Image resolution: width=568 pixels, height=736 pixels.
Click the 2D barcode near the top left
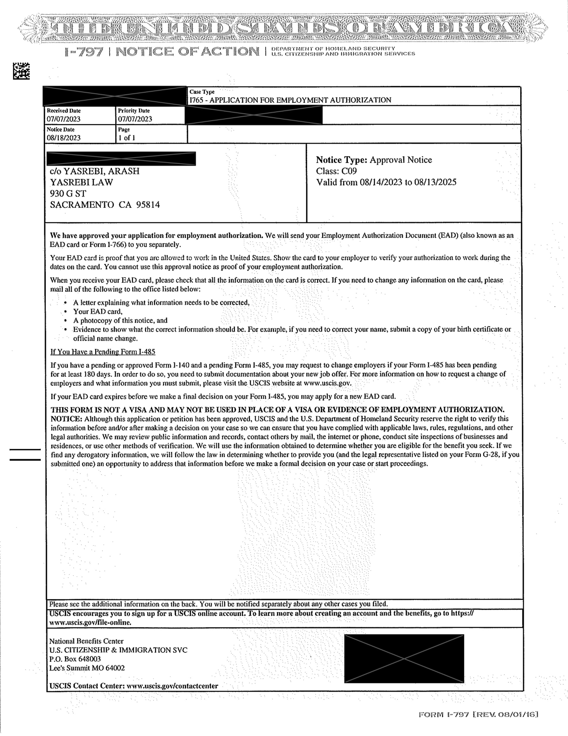click(21, 71)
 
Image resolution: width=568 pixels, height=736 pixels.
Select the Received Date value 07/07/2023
click(64, 119)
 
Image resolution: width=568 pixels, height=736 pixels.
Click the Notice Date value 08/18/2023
click(64, 138)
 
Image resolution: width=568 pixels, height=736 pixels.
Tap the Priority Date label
click(134, 110)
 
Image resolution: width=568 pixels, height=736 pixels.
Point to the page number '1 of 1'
click(127, 138)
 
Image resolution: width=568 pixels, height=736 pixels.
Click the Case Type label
click(202, 92)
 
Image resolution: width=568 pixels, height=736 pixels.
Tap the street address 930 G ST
click(68, 193)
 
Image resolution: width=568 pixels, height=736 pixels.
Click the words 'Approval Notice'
click(401, 160)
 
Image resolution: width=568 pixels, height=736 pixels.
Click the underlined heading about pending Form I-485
click(103, 352)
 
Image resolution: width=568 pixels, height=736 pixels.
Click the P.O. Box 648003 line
click(75, 659)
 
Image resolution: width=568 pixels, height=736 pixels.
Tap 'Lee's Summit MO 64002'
click(87, 668)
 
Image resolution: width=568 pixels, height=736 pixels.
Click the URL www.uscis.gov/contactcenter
click(172, 686)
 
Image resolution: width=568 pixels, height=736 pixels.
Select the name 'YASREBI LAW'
click(82, 182)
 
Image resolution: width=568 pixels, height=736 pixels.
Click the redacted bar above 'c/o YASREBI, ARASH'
click(121, 159)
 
